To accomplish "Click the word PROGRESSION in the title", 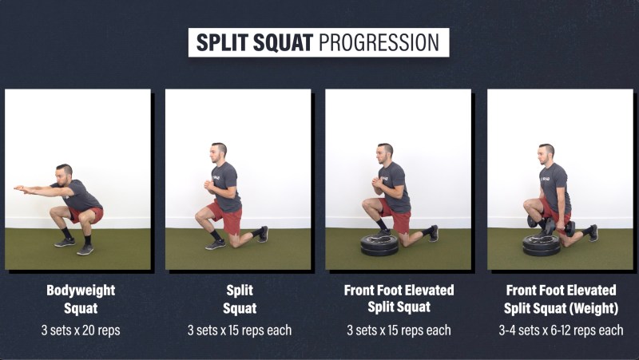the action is [379, 42].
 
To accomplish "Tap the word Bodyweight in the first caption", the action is [81, 291].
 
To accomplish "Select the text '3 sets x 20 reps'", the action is [81, 330].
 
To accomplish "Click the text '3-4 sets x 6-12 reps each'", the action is [561, 330].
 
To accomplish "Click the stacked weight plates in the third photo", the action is [379, 245].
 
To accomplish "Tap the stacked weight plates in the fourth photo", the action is [542, 245].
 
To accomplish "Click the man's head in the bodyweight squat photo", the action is [64, 174].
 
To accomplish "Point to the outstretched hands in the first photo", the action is [22, 188].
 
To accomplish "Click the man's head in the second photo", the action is [218, 152].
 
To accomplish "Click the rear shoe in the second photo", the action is [264, 234].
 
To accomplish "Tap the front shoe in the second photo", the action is [215, 244].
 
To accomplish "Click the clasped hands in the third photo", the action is [377, 182].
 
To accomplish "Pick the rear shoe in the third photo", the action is [434, 233].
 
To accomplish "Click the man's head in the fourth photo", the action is [546, 154].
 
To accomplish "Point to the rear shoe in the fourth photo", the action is [593, 233].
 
